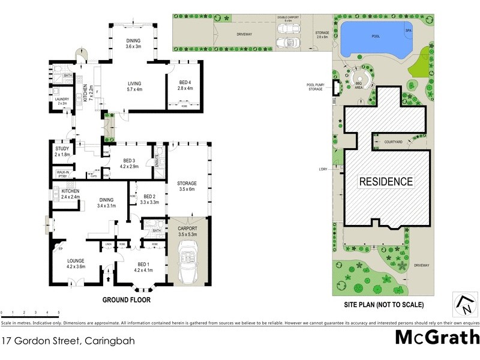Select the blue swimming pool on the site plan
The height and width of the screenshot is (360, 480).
372,38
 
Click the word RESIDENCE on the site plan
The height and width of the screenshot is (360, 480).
386,181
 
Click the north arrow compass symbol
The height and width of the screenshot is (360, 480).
463,303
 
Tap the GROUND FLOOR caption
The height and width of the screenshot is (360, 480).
126,300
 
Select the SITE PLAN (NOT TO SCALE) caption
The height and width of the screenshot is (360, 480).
384,305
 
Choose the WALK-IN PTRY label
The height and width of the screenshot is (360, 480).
63,175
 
